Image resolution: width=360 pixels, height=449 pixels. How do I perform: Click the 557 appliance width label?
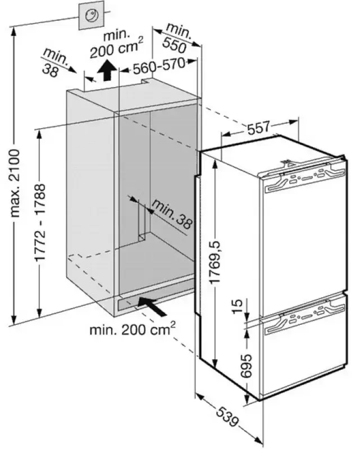(x=259, y=128)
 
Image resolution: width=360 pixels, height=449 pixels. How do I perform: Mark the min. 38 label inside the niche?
(x=171, y=215)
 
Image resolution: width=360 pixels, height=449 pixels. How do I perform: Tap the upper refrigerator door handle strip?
(x=303, y=179)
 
